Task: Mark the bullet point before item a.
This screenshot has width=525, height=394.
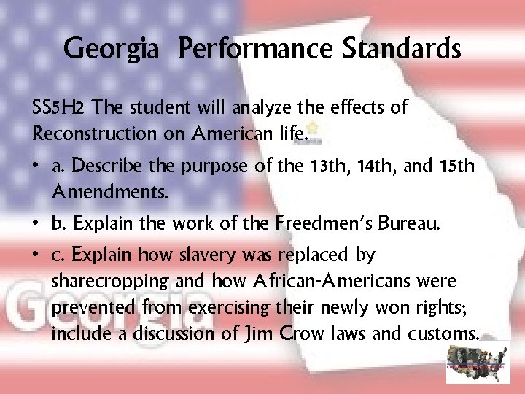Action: pos(36,167)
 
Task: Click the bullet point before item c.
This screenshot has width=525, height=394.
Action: pos(36,256)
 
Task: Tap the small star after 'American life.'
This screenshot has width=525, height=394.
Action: pos(315,132)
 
